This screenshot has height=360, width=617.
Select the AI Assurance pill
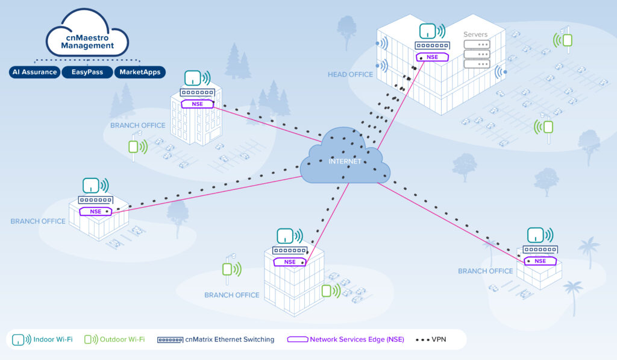click(x=35, y=72)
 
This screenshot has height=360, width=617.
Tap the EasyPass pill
click(x=88, y=72)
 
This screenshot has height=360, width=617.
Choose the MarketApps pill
click(x=140, y=72)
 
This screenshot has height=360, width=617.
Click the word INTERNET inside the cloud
click(x=345, y=162)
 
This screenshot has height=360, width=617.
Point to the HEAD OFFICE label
click(x=350, y=75)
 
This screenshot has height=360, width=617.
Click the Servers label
click(x=475, y=34)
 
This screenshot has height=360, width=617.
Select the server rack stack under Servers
click(x=476, y=54)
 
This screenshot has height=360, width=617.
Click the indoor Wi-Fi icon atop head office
click(x=428, y=31)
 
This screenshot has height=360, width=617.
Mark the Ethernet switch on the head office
click(x=432, y=46)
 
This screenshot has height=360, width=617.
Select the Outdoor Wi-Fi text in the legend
click(x=122, y=339)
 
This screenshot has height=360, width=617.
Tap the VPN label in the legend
click(x=439, y=339)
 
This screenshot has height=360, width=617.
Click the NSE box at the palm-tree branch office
click(x=540, y=261)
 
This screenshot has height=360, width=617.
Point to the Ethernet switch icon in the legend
click(x=170, y=339)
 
